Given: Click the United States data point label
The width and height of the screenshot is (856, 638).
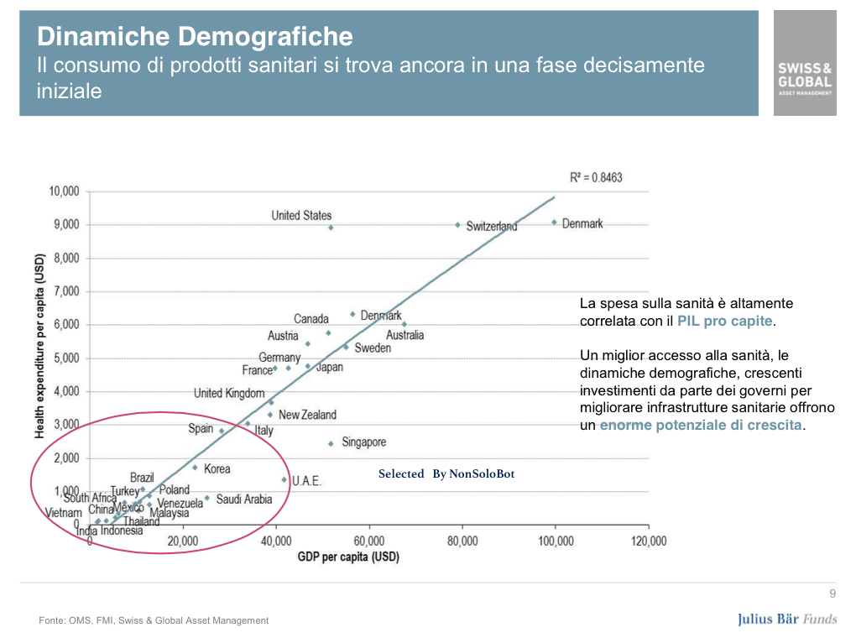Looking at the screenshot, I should pos(301,216).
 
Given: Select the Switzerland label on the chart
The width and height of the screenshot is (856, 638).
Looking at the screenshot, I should pos(492,227).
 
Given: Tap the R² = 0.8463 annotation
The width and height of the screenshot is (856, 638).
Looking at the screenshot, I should pos(596,178).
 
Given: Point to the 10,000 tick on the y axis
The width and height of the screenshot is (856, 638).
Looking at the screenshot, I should pos(63,191).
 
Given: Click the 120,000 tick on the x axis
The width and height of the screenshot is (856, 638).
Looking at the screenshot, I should pos(648,541).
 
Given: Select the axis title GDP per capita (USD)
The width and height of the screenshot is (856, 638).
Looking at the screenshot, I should pos(347,557).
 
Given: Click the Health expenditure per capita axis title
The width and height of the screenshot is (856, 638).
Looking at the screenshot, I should pos(39,347).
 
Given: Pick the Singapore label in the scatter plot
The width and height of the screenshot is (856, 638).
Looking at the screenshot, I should pos(363,442).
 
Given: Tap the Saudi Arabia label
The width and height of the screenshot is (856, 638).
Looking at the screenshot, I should pos(244,499).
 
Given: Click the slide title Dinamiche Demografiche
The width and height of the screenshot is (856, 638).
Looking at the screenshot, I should pos(195,37).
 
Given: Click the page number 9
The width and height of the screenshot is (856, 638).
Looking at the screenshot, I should pos(833,595).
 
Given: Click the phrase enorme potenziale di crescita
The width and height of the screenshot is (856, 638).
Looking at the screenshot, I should pos(701,426).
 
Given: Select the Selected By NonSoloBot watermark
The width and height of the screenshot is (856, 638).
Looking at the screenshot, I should pos(446,474).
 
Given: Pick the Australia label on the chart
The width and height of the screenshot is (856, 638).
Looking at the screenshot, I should pos(405,335).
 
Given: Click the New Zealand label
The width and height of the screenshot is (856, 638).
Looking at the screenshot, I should pos(307,415).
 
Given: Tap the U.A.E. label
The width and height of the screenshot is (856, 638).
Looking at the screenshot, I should pos(306,481).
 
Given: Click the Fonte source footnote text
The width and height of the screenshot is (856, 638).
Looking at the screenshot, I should pos(154,620).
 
